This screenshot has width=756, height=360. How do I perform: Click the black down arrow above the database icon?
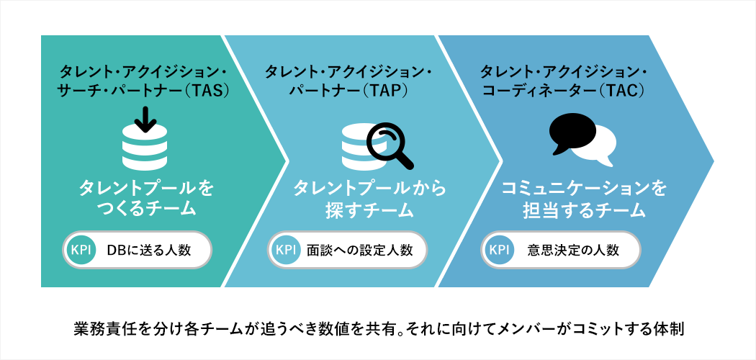[x=145, y=120]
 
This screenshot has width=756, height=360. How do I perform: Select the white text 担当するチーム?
[x=583, y=210]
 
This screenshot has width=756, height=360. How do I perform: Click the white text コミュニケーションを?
[x=584, y=189]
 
